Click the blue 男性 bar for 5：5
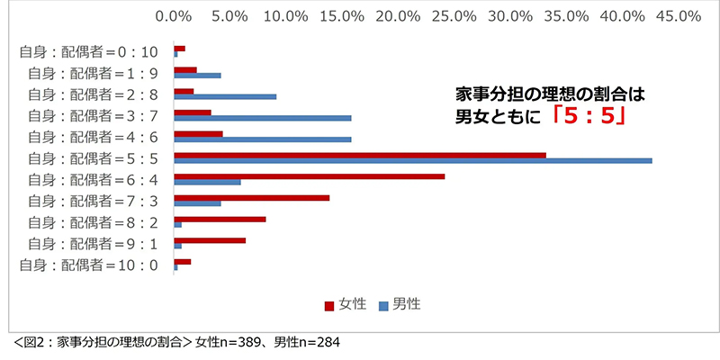pos(412,161)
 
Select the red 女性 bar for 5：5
pos(360,155)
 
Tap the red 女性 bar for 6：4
pos(309,176)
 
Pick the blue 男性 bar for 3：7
pos(262,118)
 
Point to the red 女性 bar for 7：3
pos(251,197)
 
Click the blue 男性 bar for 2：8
pos(225,95)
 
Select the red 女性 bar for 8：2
pos(220,219)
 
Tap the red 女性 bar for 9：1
pos(210,240)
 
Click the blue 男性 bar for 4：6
pos(262,139)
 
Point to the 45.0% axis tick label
pos(679,16)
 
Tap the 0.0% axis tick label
pos(174,16)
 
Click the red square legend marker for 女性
pos(329,305)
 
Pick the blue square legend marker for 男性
pos(383,305)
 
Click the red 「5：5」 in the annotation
pos(587,117)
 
